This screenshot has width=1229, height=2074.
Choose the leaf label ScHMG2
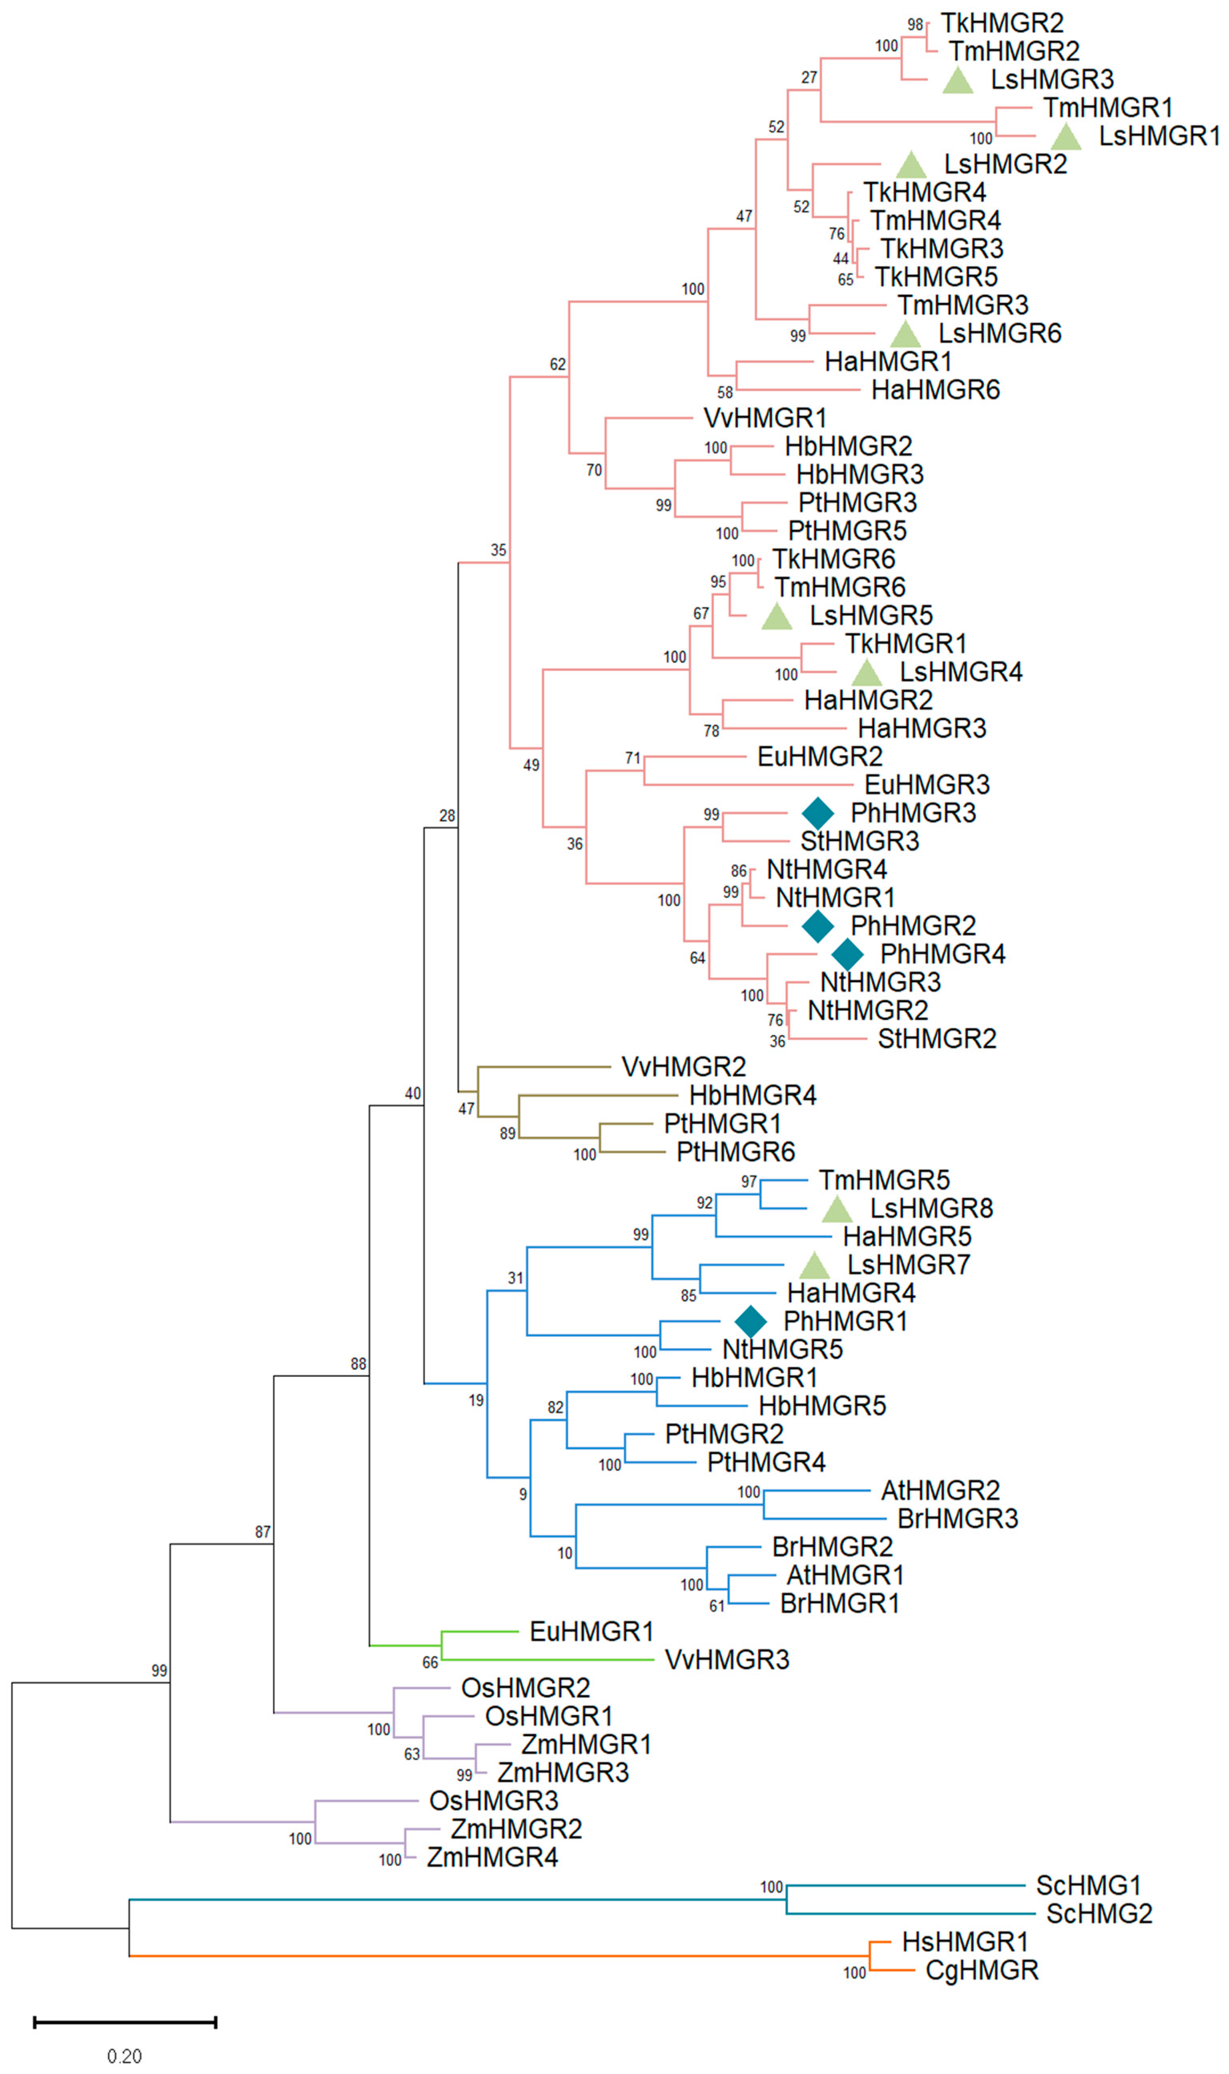coord(1099,1914)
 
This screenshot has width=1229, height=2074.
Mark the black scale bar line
coord(125,2023)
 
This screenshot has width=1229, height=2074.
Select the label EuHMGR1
coord(591,1632)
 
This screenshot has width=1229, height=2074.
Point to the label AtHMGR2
coord(940,1491)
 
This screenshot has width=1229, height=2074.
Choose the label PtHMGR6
coord(735,1152)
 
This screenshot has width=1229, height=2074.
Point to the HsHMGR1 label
coord(965,1942)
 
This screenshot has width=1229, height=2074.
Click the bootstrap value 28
coord(447,816)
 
